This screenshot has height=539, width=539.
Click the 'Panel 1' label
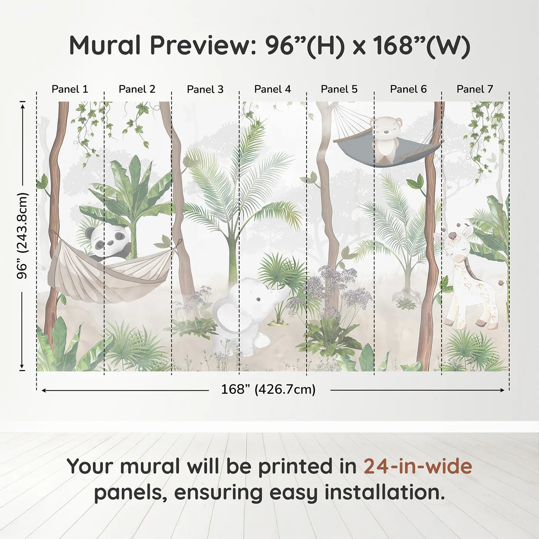70,89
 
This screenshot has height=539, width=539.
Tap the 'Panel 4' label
273,89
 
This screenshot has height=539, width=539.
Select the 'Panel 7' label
475,89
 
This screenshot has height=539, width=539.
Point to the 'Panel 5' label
339,89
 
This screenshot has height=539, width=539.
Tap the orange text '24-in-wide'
418,466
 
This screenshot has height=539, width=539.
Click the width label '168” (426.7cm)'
268,390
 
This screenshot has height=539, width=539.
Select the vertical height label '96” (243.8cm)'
22,236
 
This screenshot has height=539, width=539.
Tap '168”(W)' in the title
421,45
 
